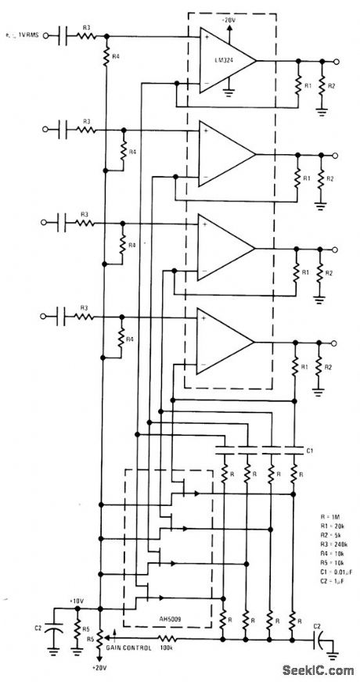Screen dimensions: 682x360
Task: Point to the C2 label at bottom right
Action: [317, 626]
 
